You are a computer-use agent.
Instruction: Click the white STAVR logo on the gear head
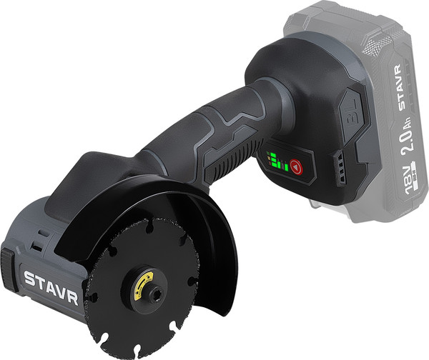pyautogui.click(x=51, y=286)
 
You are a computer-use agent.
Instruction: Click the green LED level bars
pyautogui.click(x=277, y=162)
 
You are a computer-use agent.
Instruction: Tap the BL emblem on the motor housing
pyautogui.click(x=350, y=114)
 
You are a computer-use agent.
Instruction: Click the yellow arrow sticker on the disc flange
pyautogui.click(x=144, y=284)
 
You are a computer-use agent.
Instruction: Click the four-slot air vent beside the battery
pyautogui.click(x=340, y=169)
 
